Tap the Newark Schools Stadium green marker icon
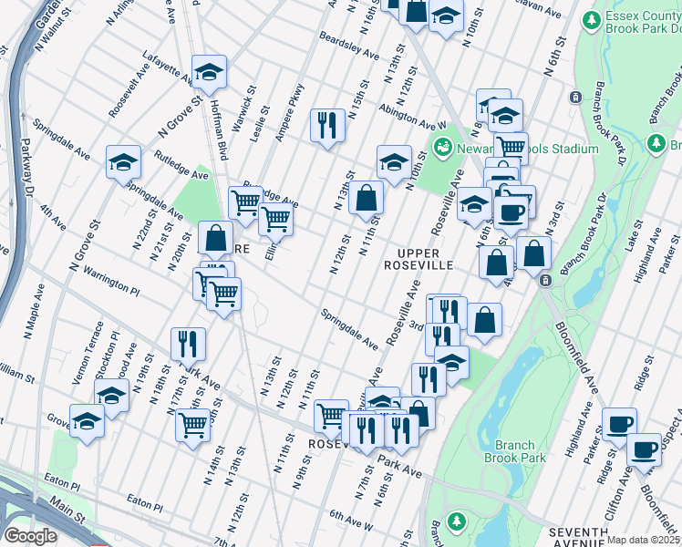(x=443, y=145)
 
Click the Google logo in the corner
(x=30, y=536)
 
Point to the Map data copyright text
(x=644, y=540)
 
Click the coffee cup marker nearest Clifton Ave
(x=644, y=449)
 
